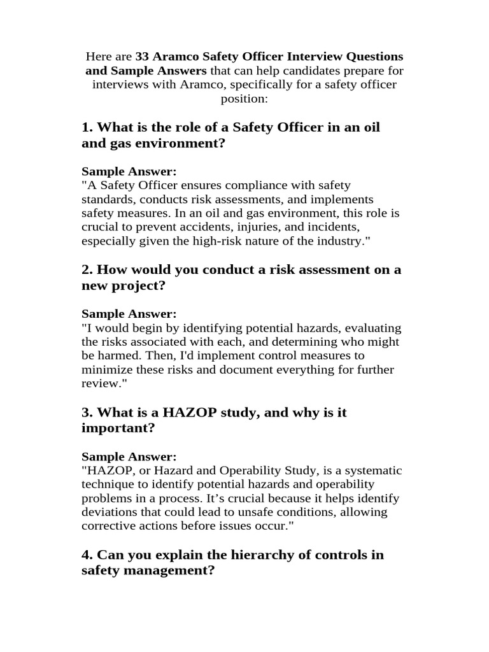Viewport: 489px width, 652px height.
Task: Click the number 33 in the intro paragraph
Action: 143,57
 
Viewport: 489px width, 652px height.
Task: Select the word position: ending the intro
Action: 244,99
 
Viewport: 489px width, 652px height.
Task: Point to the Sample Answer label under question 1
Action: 129,171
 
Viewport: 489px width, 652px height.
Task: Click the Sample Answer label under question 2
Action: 129,314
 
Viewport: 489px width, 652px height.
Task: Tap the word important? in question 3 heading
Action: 118,429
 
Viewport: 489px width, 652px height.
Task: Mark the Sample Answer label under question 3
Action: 129,457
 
